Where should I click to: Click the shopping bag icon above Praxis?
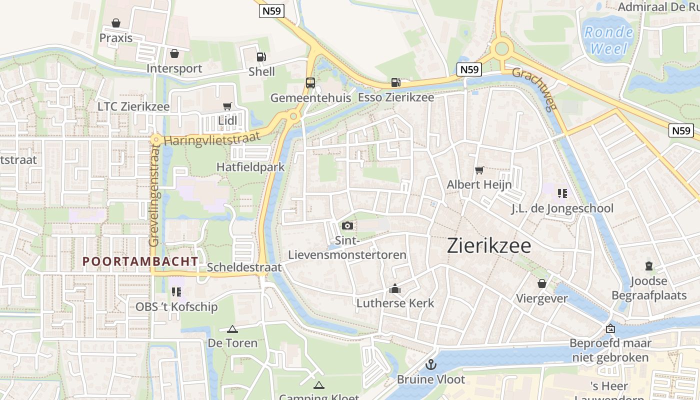coord(116,23)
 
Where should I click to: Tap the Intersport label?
coord(174,68)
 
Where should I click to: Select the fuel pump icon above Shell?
coord(261,56)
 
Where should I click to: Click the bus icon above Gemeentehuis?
coord(310,82)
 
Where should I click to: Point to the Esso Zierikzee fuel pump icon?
coord(395,82)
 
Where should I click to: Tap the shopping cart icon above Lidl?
coord(227,106)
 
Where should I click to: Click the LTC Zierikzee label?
coord(133,106)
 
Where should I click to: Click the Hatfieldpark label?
coord(250,166)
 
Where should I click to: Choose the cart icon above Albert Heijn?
coord(479,170)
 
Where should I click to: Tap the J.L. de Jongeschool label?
coord(562,208)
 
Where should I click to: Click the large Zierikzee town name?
coord(488,245)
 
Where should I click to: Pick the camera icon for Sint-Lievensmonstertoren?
coord(347,226)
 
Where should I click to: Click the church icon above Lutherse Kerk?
coord(395,288)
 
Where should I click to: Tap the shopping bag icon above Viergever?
coord(541,283)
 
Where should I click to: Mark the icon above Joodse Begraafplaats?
coord(649,266)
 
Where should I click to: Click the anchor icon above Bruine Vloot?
coord(430,364)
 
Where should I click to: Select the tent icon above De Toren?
coord(232,328)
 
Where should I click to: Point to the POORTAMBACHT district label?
coord(140,261)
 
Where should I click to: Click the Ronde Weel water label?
coord(608,40)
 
